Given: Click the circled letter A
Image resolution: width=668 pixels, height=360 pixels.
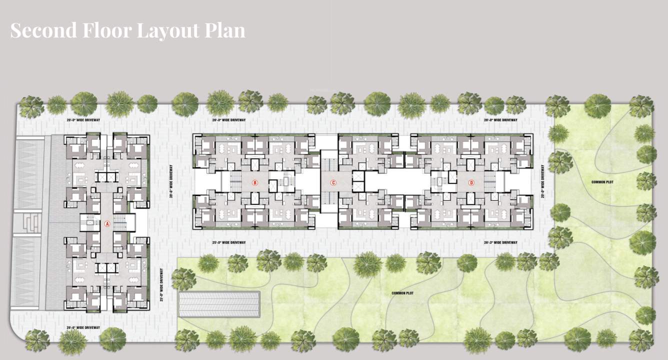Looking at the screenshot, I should coord(107,224).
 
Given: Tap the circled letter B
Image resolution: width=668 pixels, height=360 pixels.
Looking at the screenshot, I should coord(254,183).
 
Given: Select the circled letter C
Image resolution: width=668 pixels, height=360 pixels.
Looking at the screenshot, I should coord(333,183).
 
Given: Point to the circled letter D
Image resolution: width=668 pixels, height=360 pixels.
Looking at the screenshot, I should coord(471,183).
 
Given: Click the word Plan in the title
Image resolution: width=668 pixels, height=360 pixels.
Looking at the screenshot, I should coord(225,30).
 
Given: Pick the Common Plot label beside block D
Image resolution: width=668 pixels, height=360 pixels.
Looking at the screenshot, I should coord(602,182).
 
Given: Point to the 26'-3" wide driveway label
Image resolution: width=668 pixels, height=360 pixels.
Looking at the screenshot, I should coord(500,242).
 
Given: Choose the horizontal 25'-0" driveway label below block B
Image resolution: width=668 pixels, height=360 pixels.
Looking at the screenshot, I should coord(229,242).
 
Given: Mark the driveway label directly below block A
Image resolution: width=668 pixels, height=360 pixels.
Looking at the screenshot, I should coord(83,327).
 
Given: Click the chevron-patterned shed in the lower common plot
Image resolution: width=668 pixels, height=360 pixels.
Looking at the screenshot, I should coord(220,304).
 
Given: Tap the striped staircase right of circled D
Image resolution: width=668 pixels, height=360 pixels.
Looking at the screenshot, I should coord(489,182).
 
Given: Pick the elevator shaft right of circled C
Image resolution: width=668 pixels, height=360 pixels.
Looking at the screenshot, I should coord(358,183).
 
